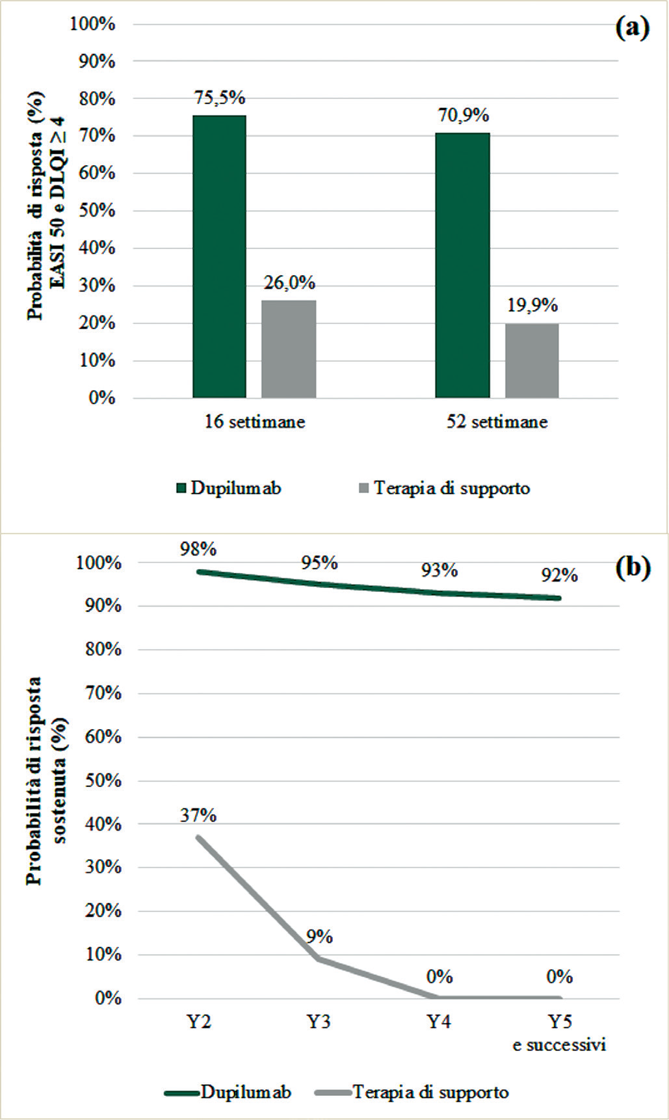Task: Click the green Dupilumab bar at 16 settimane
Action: tap(219, 256)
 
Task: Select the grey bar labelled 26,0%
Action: tap(289, 349)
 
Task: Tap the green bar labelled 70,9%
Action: tap(462, 265)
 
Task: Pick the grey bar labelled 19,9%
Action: tap(532, 360)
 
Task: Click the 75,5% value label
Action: tap(220, 98)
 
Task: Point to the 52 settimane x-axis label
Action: tap(497, 422)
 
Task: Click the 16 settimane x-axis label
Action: tap(255, 422)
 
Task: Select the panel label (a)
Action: tap(632, 28)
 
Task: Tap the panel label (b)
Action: tap(633, 568)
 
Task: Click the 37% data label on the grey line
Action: tap(198, 815)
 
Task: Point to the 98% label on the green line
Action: tap(198, 549)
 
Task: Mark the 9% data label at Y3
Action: tap(319, 937)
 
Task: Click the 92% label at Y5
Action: tap(559, 575)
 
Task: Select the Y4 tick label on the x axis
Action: tap(439, 1022)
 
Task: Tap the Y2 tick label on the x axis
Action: tap(199, 1022)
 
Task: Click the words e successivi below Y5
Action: tap(559, 1045)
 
